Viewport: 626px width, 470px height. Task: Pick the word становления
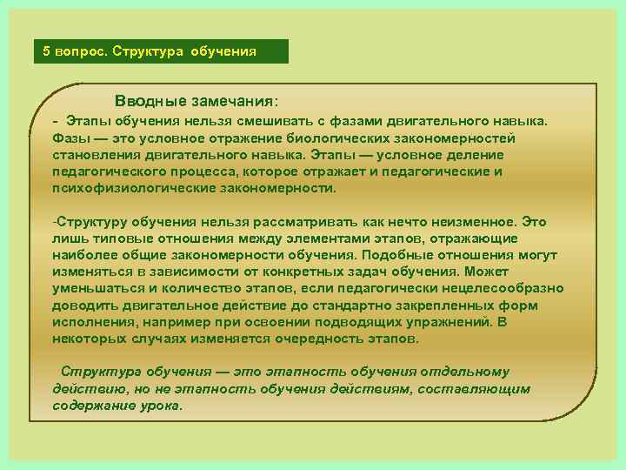click(x=93, y=155)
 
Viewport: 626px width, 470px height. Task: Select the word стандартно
click(x=315, y=305)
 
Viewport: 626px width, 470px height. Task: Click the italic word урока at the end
click(x=160, y=405)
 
